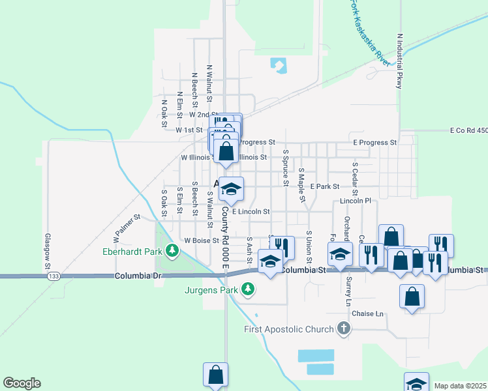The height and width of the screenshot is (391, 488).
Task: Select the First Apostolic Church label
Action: click(x=289, y=329)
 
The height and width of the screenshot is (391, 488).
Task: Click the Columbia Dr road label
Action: click(x=138, y=276)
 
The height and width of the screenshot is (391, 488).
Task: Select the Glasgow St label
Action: click(x=48, y=252)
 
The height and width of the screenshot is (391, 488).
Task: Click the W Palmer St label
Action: click(x=127, y=225)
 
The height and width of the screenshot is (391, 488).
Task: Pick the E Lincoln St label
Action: click(x=251, y=212)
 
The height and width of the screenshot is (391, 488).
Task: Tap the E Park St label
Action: click(x=325, y=186)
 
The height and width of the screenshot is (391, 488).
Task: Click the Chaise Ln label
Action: click(x=367, y=314)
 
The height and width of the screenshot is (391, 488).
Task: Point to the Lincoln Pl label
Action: click(x=356, y=201)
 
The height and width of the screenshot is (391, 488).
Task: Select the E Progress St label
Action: click(x=374, y=142)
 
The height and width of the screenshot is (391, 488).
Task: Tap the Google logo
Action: click(x=22, y=383)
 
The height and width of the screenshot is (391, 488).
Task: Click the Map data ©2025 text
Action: click(x=460, y=386)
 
